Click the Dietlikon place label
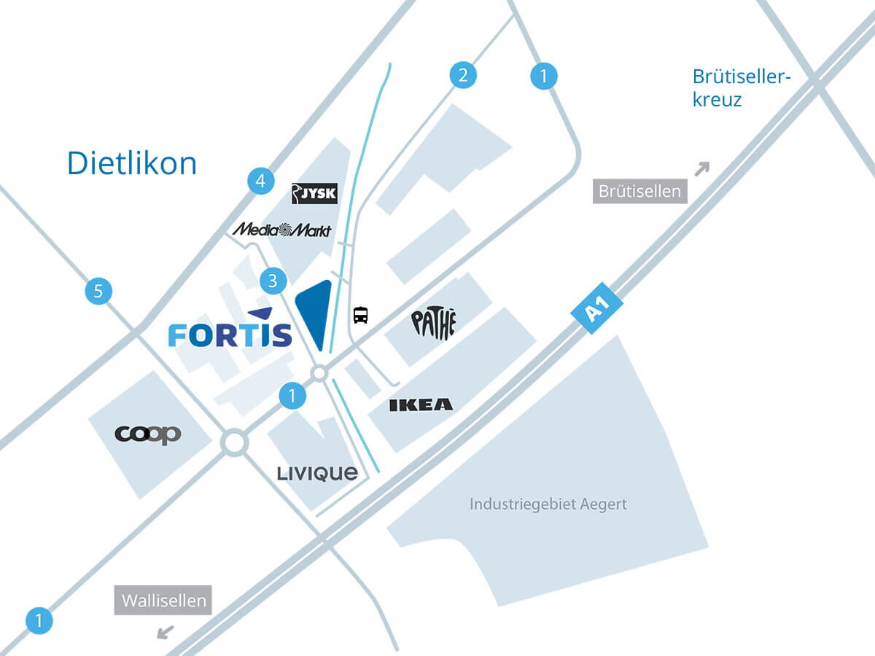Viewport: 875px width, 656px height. tap(132, 163)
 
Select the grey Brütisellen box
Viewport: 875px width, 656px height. tap(639, 191)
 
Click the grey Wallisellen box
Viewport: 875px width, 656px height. tap(163, 601)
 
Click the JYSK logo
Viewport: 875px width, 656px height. tap(314, 193)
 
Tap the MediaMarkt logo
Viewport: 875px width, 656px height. tap(281, 230)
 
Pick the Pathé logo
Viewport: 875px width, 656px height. tap(433, 324)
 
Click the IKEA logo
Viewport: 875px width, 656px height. tap(421, 405)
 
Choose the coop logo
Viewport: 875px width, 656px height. tap(148, 434)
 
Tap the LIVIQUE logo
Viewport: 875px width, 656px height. tap(317, 474)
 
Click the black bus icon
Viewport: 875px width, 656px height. tap(360, 316)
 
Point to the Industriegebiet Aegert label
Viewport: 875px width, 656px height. tap(548, 504)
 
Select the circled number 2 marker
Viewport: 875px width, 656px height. tap(462, 75)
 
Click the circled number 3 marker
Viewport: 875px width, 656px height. tap(273, 281)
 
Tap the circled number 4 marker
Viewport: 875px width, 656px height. tap(260, 180)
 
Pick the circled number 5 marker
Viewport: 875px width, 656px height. tap(98, 292)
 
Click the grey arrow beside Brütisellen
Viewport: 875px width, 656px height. tap(701, 168)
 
